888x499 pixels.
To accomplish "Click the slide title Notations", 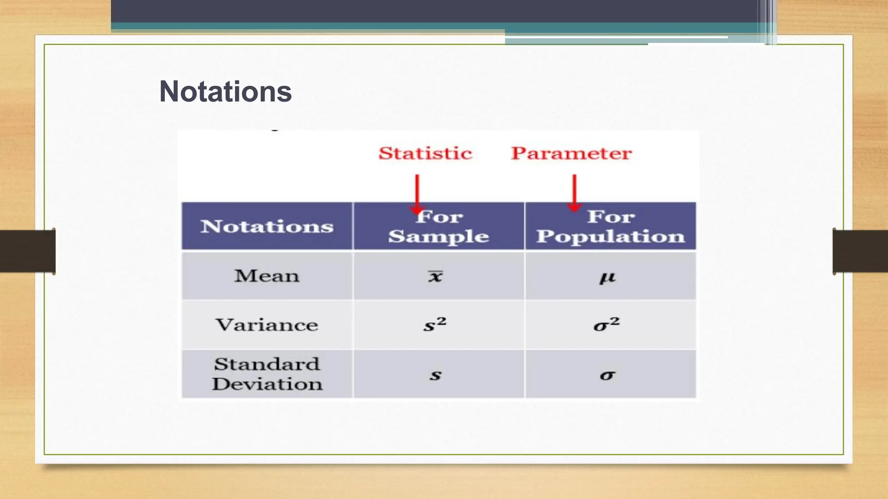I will pos(225,92).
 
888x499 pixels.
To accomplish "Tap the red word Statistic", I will pos(425,153).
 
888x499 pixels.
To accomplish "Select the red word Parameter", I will pos(571,153).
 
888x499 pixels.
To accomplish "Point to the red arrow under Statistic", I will pos(417,193).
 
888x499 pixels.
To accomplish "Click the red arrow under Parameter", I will pos(574,192).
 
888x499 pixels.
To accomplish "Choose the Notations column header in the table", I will pos(267,227).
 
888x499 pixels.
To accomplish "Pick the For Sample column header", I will pos(439,226).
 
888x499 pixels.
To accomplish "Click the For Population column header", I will pos(610,226).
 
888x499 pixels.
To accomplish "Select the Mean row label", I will pos(267,276).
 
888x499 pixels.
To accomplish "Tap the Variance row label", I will pos(267,325).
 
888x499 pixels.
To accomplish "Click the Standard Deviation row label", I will pos(267,374).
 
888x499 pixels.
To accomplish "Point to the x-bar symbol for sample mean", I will pos(435,276).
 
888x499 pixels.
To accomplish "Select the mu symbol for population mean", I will pos(607,277).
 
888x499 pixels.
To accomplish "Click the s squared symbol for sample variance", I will pos(435,324).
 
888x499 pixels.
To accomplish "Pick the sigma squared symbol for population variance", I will pos(607,324).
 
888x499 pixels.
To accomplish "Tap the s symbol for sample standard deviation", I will pos(435,375).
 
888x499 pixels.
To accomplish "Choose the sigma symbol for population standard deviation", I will pos(607,375).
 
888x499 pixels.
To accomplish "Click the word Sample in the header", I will pos(438,237).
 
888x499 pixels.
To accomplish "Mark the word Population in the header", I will pos(610,237).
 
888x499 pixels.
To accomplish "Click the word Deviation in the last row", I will pos(267,384).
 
